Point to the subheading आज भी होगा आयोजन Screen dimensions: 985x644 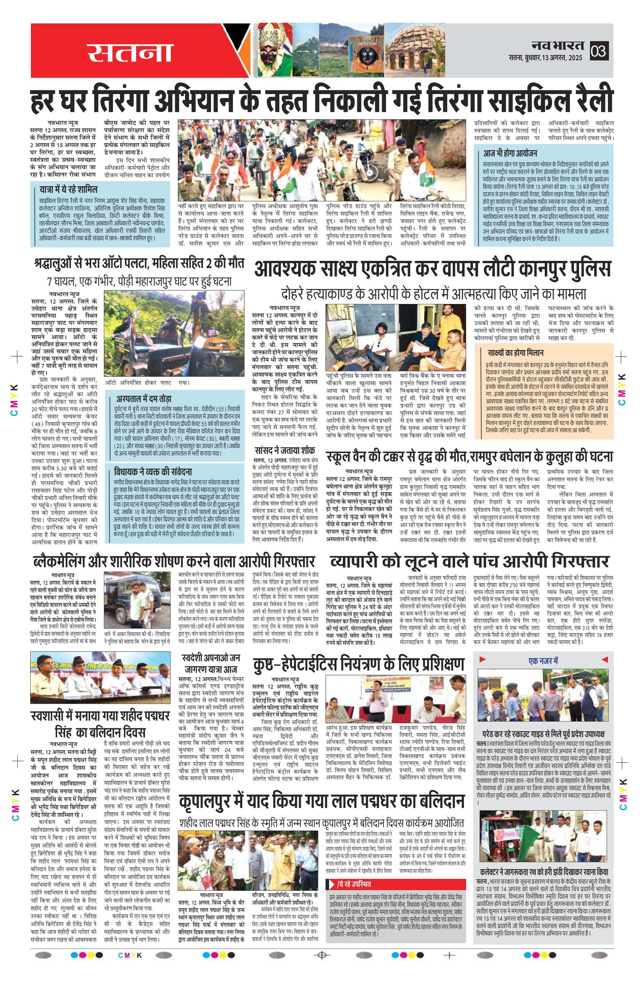pyautogui.click(x=511, y=153)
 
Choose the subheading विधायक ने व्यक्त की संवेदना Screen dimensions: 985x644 pyautogui.click(x=153, y=471)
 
